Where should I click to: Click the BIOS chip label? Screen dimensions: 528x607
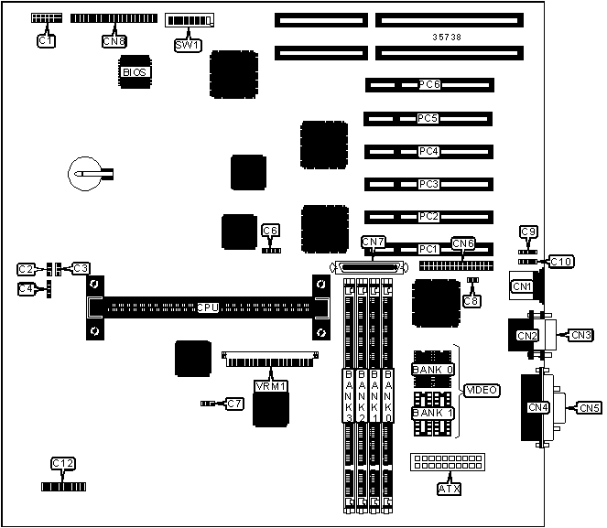[134, 71]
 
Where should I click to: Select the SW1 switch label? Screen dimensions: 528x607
[186, 45]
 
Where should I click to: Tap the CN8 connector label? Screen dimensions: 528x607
[115, 41]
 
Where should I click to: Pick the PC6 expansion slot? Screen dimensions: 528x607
[428, 85]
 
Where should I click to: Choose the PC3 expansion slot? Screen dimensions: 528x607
[428, 184]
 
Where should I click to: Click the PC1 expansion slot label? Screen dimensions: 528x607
[428, 249]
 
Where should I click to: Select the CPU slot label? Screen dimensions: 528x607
[208, 307]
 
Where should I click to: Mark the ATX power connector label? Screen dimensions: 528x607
[450, 489]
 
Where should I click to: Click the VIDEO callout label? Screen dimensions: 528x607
[482, 391]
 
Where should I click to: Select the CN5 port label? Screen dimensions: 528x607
[590, 408]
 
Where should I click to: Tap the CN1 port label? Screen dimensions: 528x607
[522, 286]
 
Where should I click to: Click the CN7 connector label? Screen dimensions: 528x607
[374, 242]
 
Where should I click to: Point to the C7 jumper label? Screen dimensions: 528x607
[235, 404]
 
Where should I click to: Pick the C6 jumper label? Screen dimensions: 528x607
[270, 231]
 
